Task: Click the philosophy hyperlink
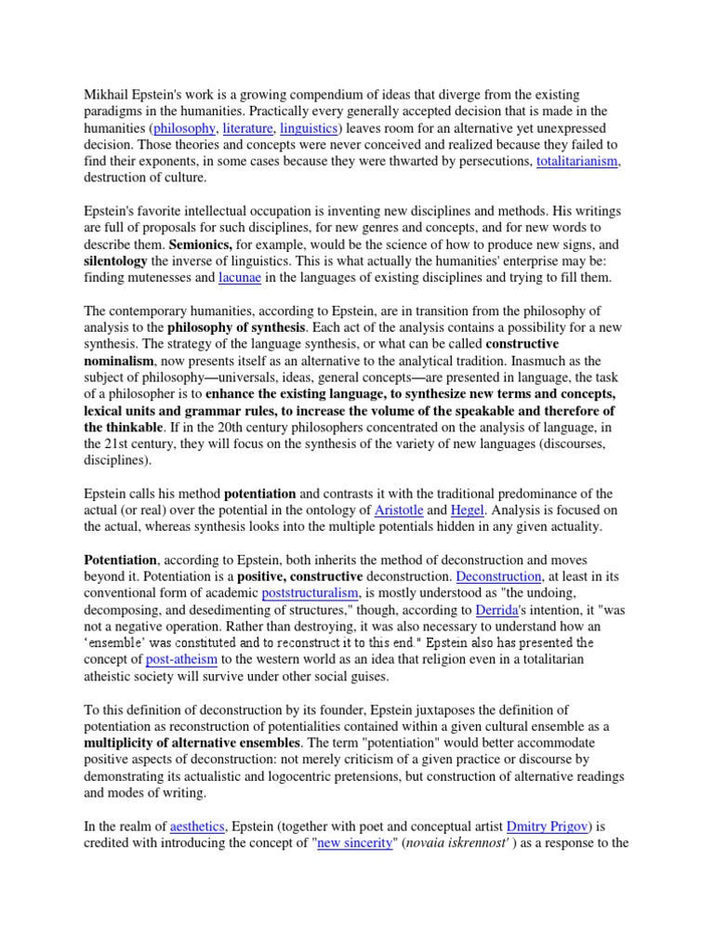pos(184,128)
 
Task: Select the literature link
pos(246,128)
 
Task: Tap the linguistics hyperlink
pos(310,128)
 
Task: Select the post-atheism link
pos(179,660)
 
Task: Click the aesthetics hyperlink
pos(197,826)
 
